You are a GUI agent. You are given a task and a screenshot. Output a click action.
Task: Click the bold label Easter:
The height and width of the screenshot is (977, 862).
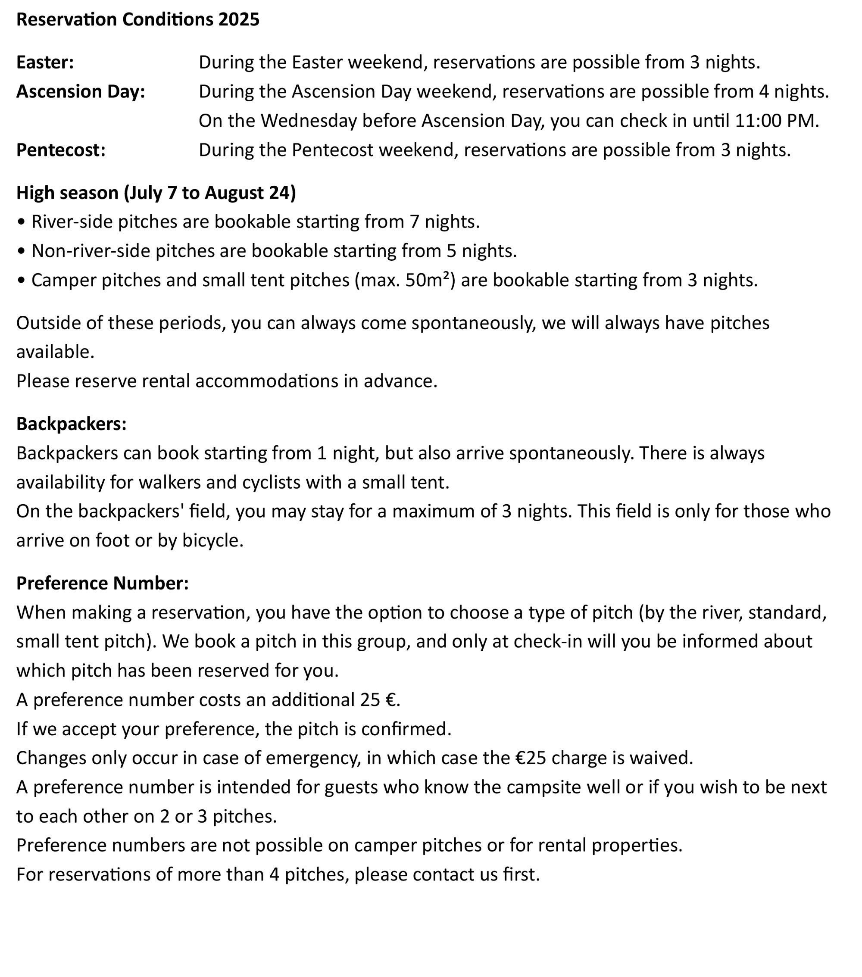45,62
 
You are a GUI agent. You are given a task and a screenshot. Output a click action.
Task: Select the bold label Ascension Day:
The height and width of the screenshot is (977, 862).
80,91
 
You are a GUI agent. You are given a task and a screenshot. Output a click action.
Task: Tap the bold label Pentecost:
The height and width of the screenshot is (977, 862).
61,150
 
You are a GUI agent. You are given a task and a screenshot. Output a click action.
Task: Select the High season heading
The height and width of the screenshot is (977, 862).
156,192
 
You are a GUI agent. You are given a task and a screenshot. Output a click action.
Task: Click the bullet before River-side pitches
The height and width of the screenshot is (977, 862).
21,222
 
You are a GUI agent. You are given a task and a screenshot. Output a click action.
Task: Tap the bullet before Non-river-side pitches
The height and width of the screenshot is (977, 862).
21,251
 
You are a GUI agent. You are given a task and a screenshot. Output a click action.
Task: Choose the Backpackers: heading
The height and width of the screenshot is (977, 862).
71,424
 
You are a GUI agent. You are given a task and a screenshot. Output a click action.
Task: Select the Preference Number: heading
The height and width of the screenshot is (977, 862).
102,583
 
